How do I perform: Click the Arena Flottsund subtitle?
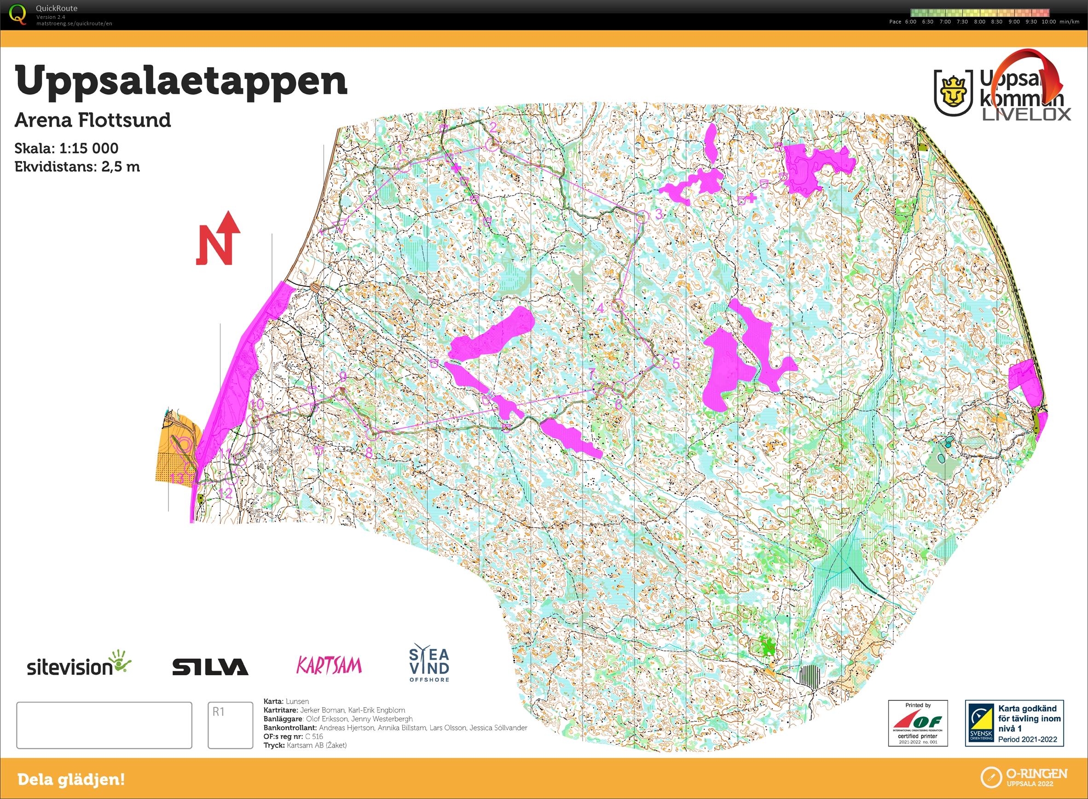click(x=93, y=120)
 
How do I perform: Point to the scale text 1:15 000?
click(x=88, y=148)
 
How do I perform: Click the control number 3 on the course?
click(x=658, y=213)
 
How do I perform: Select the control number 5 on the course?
click(x=676, y=363)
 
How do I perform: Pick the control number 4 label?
click(x=601, y=308)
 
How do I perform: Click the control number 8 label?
click(x=369, y=452)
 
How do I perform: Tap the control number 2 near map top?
click(x=493, y=127)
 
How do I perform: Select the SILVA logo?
click(x=210, y=667)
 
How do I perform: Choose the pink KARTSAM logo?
click(x=329, y=666)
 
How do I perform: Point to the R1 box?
click(x=231, y=724)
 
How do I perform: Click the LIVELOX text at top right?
click(x=1026, y=115)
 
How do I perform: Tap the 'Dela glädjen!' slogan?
click(x=71, y=779)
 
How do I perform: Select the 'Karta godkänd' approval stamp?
click(x=1014, y=723)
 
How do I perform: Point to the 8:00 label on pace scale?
click(x=979, y=22)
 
